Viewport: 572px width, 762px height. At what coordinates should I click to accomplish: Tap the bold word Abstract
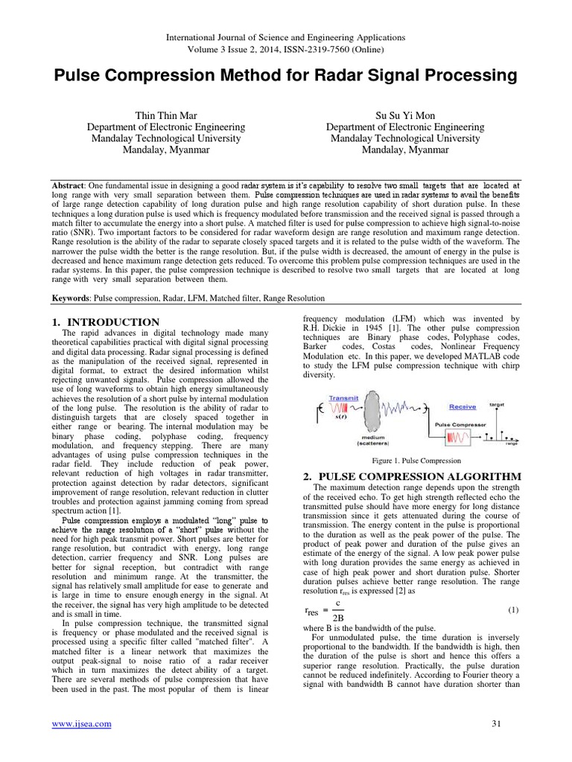point(68,184)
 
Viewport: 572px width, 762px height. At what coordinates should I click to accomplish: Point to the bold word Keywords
point(72,298)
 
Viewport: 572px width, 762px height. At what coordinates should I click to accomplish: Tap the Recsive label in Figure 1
point(463,406)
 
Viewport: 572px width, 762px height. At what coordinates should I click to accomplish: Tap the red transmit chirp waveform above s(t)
point(342,409)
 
